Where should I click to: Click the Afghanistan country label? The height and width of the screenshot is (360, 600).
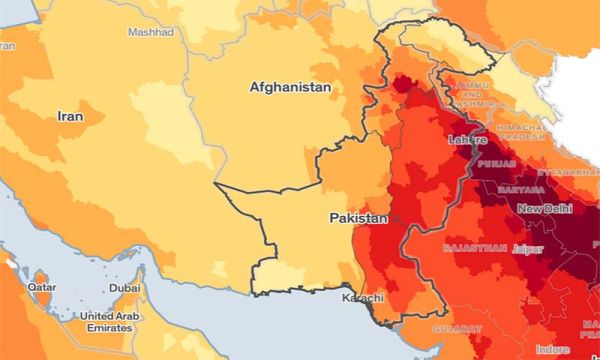pos(290,88)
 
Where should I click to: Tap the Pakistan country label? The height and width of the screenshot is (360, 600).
pos(358,217)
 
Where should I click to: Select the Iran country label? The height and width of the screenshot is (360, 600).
pos(69,116)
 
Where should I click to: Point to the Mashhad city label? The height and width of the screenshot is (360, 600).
pos(150,32)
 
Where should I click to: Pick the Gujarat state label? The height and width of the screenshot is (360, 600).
pos(457,328)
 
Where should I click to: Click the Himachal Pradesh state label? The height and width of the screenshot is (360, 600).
pos(521,135)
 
